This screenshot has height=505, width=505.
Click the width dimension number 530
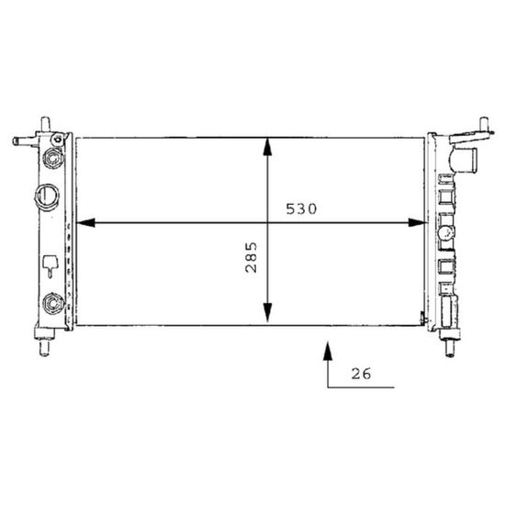301,209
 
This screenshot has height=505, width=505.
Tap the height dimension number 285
252,257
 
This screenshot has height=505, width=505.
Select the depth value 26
361,374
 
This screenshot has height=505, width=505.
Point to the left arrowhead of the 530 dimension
85,222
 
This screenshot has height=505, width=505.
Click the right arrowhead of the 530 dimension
417,222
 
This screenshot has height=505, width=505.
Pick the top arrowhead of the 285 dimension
267,148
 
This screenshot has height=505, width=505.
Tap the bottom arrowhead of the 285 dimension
267,312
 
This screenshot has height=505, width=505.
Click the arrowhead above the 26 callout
328,350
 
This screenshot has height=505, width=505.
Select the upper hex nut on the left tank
52,158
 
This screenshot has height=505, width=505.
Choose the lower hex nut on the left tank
52,303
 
